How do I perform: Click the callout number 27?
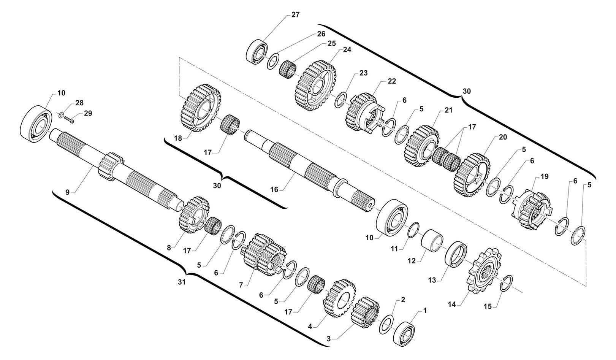tap(295, 15)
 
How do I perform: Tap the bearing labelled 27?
tap(258, 51)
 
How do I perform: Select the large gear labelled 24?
tap(315, 86)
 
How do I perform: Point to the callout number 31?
tap(182, 282)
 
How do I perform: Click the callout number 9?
tap(67, 192)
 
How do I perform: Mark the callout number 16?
tap(274, 189)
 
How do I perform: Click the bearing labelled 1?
tap(405, 332)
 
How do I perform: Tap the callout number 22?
tap(392, 81)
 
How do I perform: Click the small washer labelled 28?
tap(61, 114)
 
